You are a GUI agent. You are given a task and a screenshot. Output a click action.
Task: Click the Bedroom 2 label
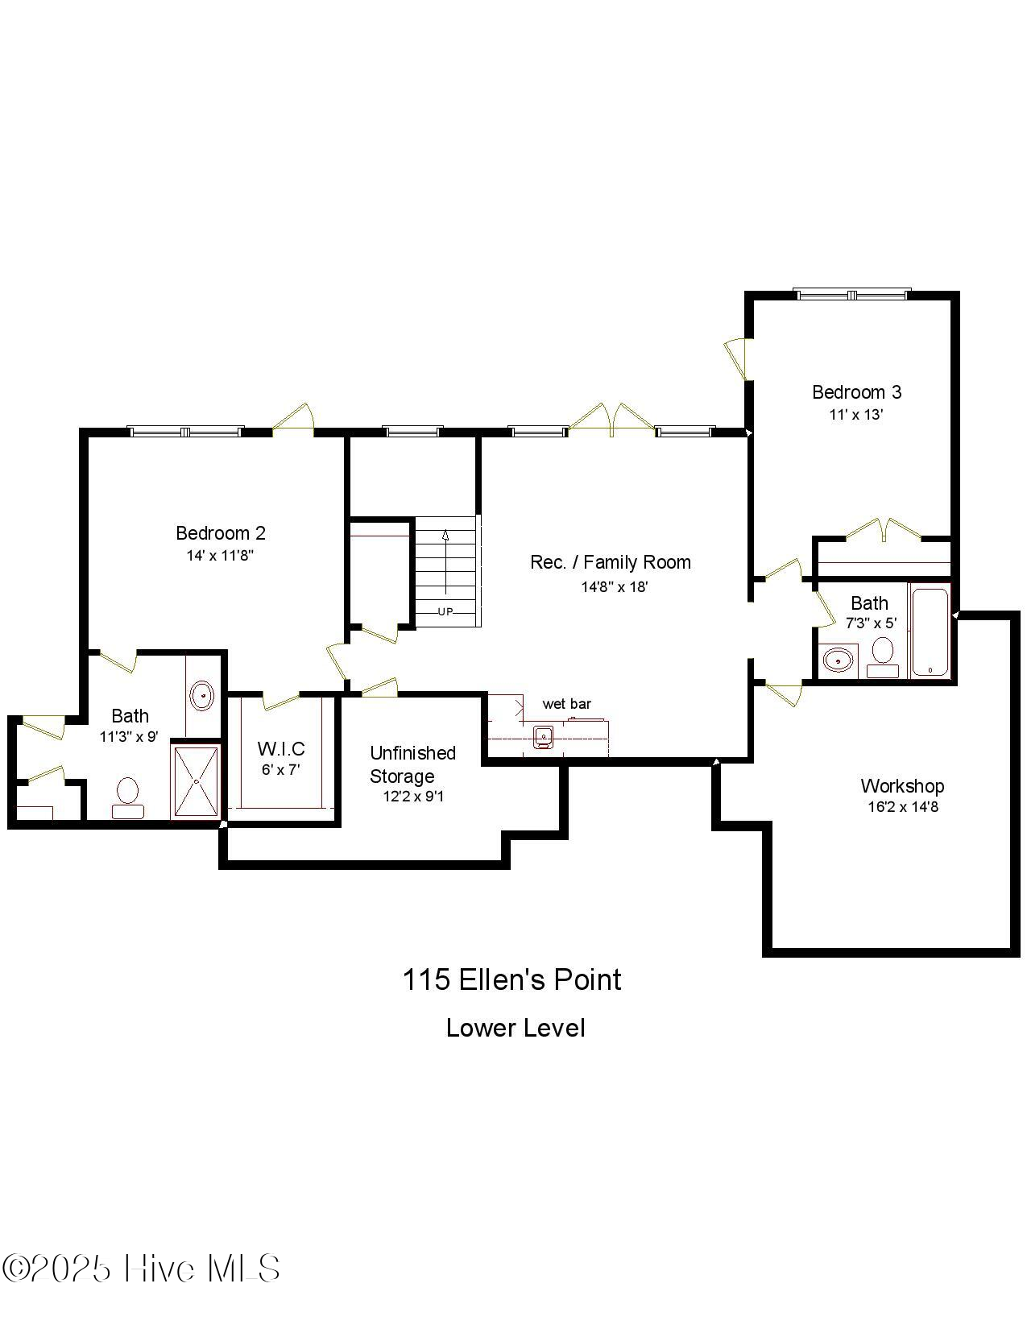pyautogui.click(x=220, y=533)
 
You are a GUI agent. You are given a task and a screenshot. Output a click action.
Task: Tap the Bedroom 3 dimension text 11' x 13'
pyautogui.click(x=856, y=415)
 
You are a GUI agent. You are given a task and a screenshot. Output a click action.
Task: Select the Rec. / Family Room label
pyautogui.click(x=610, y=562)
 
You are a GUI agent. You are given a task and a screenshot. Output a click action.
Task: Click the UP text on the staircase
pyautogui.click(x=445, y=611)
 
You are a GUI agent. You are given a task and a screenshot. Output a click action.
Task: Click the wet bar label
pyautogui.click(x=566, y=704)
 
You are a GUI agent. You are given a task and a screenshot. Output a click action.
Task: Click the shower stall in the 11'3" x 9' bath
pyautogui.click(x=195, y=781)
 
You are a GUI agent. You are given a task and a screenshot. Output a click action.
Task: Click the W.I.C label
pyautogui.click(x=281, y=749)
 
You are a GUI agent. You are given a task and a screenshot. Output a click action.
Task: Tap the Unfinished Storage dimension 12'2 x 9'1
pyautogui.click(x=412, y=797)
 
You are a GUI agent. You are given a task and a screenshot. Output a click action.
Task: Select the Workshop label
pyautogui.click(x=901, y=786)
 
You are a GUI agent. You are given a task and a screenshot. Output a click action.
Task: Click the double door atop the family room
pyautogui.click(x=612, y=420)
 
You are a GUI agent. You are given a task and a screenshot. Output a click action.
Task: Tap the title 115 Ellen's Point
pyautogui.click(x=512, y=980)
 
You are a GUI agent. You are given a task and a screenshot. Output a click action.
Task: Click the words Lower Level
pyautogui.click(x=516, y=1029)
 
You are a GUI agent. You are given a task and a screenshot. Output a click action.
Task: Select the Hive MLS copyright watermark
pyautogui.click(x=141, y=1269)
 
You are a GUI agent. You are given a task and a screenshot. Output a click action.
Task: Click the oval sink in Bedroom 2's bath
pyautogui.click(x=201, y=694)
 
